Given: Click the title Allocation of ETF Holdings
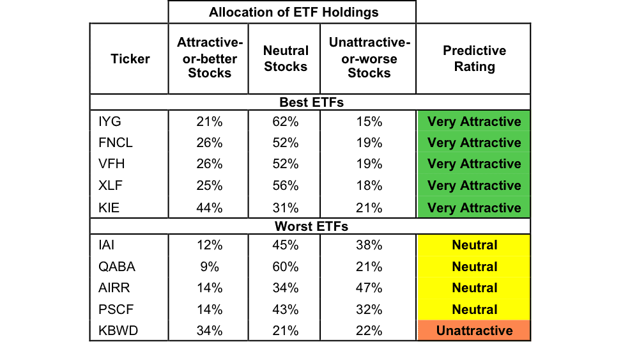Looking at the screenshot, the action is pyautogui.click(x=294, y=12).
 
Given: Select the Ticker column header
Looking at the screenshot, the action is pyautogui.click(x=130, y=59).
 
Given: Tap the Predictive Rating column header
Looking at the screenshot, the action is pyautogui.click(x=474, y=58).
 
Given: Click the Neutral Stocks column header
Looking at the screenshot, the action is pyautogui.click(x=286, y=58).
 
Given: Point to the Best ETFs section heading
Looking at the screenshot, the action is pyautogui.click(x=312, y=102).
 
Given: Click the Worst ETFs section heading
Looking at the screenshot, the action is pyautogui.click(x=312, y=226).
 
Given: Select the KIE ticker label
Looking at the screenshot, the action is pyautogui.click(x=109, y=208).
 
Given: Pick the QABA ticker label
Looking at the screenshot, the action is pyautogui.click(x=117, y=267).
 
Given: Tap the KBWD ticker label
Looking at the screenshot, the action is pyautogui.click(x=118, y=331).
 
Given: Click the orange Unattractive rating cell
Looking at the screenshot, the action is pyautogui.click(x=474, y=331).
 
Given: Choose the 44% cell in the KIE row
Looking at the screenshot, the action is pyautogui.click(x=210, y=208).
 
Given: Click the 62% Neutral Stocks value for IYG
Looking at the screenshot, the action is pyautogui.click(x=285, y=121).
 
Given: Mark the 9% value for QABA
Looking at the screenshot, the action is pyautogui.click(x=210, y=267).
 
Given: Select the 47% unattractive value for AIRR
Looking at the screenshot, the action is pyautogui.click(x=369, y=288).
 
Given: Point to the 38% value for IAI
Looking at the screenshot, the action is pyautogui.click(x=369, y=245).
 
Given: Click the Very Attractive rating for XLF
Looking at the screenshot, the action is pyautogui.click(x=474, y=185).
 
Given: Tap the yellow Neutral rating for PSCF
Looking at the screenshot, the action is pyautogui.click(x=474, y=309).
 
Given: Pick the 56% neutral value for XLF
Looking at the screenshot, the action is pyautogui.click(x=285, y=185).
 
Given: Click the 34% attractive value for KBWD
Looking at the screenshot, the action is pyautogui.click(x=210, y=331).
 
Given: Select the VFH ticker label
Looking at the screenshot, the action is pyautogui.click(x=112, y=164).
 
